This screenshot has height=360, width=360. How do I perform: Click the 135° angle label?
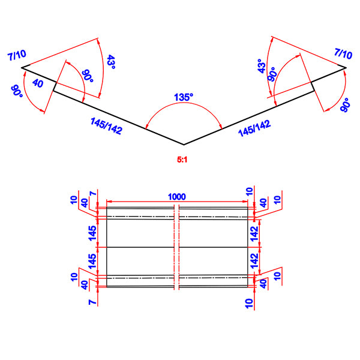click(184, 97)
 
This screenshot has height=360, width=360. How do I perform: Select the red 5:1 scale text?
click(184, 160)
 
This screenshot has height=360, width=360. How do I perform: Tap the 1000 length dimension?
click(177, 196)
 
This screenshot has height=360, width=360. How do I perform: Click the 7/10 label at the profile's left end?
click(17, 56)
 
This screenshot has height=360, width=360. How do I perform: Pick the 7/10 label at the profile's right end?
click(343, 54)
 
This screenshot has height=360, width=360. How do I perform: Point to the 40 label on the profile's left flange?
click(38, 84)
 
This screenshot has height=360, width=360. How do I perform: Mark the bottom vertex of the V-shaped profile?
click(184, 145)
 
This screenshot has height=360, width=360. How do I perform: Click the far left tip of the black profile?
click(22, 68)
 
